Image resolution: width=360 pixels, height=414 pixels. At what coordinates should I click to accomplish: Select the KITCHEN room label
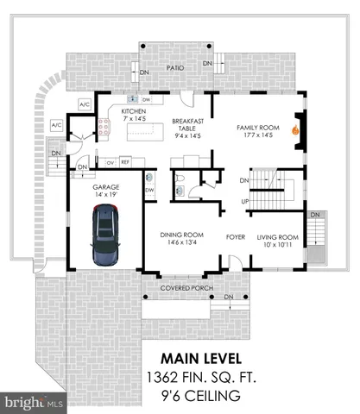click(x=134, y=111)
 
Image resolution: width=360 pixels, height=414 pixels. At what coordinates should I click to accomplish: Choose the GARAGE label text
click(x=106, y=186)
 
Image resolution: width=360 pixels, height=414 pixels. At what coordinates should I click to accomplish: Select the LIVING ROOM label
click(x=278, y=236)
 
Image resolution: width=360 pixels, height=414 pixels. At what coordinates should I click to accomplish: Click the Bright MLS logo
click(x=35, y=402)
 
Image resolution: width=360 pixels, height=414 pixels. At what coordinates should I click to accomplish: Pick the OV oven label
click(x=110, y=161)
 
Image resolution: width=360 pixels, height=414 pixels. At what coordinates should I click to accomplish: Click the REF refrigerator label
click(x=125, y=161)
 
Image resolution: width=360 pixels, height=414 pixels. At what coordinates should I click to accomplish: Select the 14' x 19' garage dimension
click(x=106, y=196)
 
